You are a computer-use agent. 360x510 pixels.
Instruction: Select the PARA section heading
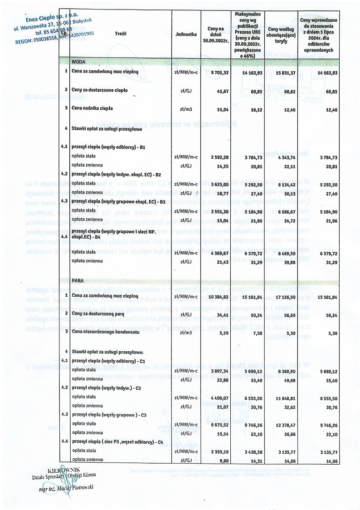coord(78,281)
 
